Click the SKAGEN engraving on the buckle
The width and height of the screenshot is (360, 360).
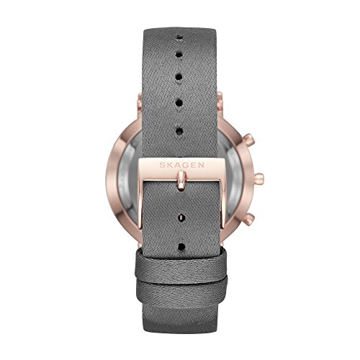182,165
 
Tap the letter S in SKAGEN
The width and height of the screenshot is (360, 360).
163,166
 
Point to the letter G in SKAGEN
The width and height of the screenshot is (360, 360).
186,165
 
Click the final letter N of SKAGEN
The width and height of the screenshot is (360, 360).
201,165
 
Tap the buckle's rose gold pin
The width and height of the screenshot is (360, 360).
181,181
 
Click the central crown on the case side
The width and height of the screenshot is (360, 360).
258,178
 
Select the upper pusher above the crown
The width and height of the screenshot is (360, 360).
249,139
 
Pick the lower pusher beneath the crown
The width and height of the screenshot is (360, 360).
250,217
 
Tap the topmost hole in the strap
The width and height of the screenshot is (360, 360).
179,37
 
